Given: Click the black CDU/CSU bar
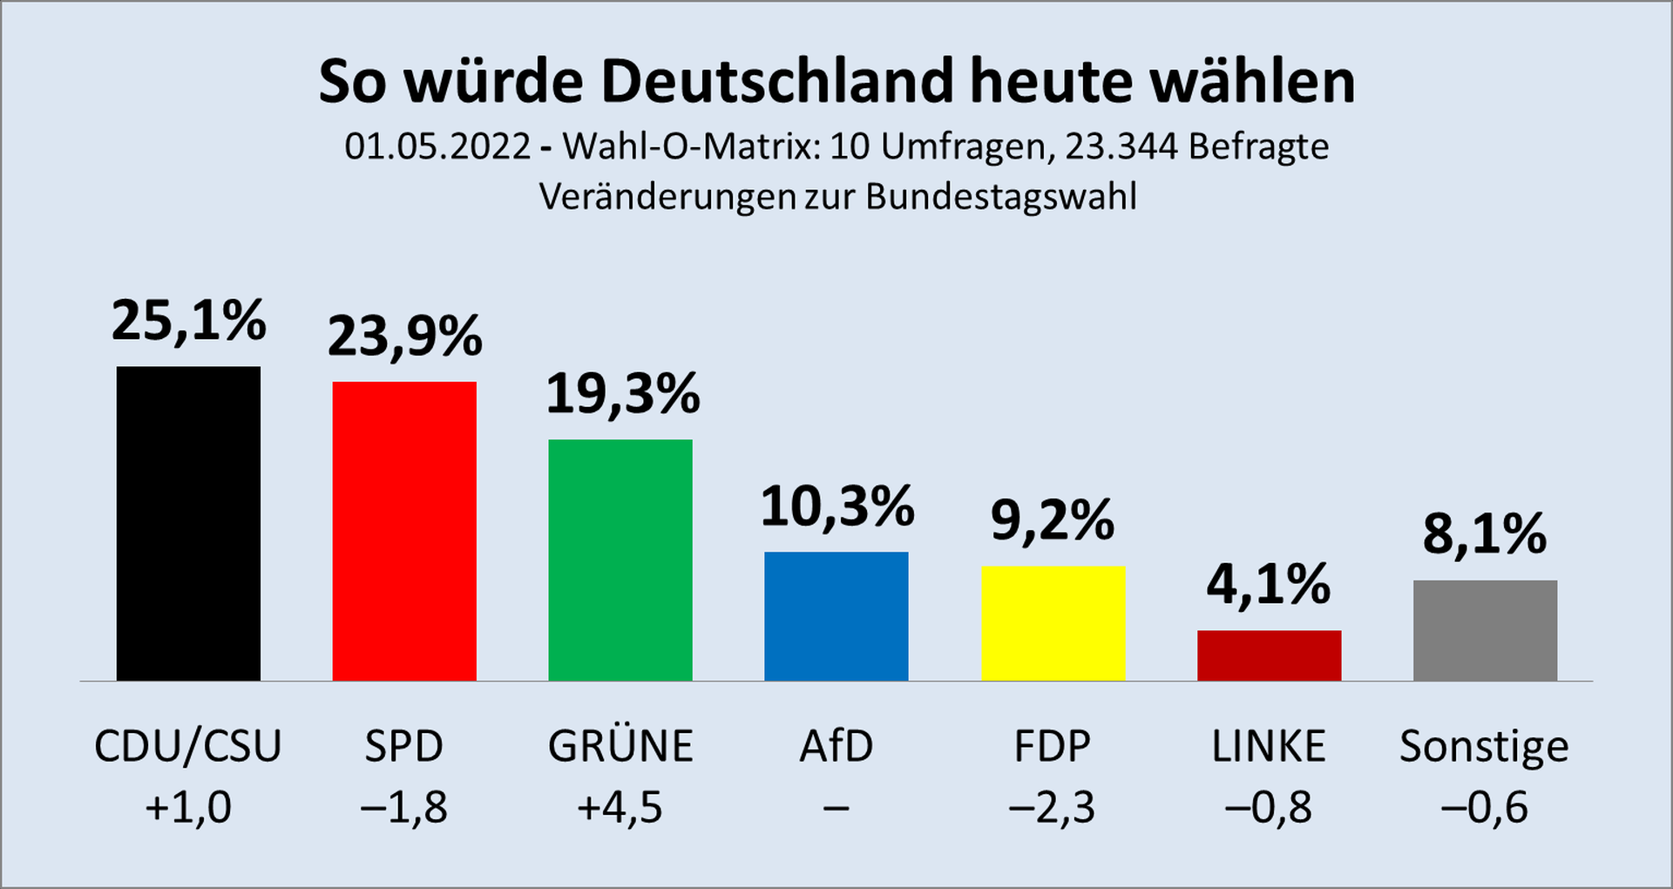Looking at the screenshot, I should point(188,523).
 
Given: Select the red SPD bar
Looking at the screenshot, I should point(404,531).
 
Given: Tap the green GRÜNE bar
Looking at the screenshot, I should point(620,560).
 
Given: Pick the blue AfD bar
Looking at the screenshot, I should point(836,616).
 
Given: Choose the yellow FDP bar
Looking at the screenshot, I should point(1053,623).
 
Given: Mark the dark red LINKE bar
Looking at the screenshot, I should point(1269,655).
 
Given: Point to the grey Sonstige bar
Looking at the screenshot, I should point(1485,630).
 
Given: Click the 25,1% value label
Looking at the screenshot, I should point(188,321).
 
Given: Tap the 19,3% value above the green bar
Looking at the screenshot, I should point(622,394).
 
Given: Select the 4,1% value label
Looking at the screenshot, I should point(1269,584).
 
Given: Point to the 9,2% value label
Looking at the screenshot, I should point(1053,521).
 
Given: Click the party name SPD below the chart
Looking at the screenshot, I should point(404,746).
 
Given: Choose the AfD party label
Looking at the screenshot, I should point(836,746).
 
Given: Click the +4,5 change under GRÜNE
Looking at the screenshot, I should point(620,808).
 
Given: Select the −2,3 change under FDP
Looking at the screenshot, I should point(1052,808).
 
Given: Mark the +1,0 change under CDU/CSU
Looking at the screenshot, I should point(188,808).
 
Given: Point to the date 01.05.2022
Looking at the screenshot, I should point(437,146).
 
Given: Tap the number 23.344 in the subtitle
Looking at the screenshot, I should point(1121,146).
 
